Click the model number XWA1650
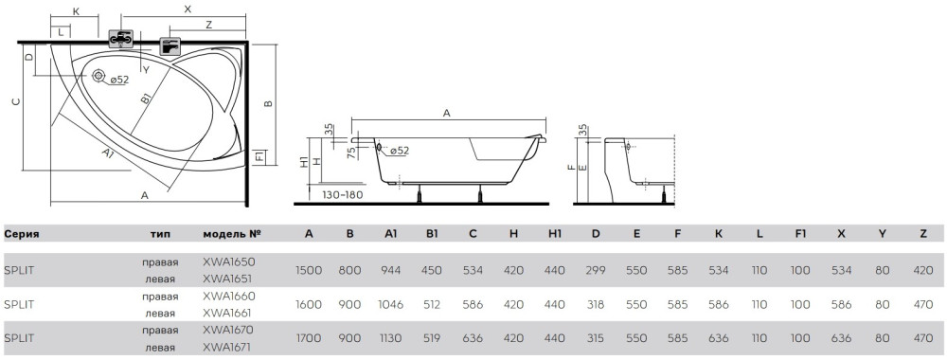tap(229, 262)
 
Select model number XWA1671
tap(227, 348)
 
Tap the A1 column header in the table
tap(391, 234)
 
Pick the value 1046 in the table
tap(391, 305)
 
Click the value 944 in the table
tap(391, 271)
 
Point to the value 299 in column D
tap(596, 271)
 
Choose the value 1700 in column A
tap(309, 339)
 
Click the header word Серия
tap(22, 234)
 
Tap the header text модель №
tap(232, 234)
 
